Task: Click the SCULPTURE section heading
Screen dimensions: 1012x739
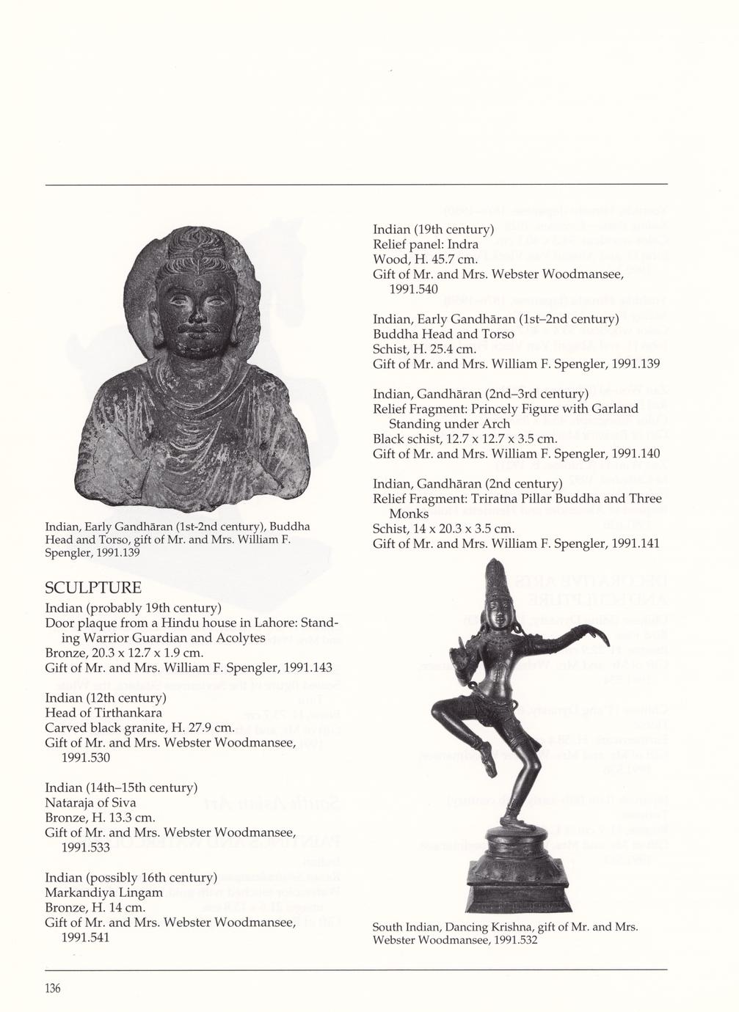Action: click(x=93, y=588)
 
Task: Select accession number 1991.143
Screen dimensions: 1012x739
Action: click(x=303, y=667)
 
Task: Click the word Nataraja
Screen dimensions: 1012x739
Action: click(x=71, y=802)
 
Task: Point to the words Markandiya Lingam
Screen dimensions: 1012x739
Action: click(x=103, y=892)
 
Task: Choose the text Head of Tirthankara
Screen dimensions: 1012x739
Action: click(x=103, y=712)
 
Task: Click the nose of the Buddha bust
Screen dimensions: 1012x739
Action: click(x=197, y=313)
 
